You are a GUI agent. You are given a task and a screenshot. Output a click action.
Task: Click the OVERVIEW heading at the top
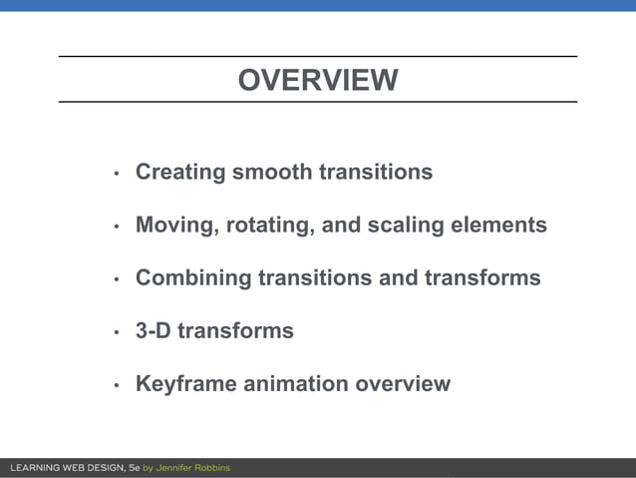click(317, 80)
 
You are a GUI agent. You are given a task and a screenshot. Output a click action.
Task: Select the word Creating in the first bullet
click(179, 173)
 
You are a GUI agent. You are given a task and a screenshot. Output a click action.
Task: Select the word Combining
click(192, 278)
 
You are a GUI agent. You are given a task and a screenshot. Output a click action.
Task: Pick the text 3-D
click(155, 331)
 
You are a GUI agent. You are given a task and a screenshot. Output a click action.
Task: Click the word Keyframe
click(185, 384)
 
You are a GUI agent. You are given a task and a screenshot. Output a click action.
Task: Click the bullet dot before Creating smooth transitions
click(116, 174)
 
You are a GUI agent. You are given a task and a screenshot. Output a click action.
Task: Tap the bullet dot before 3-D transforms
click(116, 332)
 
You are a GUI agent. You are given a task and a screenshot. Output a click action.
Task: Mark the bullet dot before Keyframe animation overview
click(116, 385)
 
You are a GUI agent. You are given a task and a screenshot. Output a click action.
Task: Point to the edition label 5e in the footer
click(135, 468)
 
